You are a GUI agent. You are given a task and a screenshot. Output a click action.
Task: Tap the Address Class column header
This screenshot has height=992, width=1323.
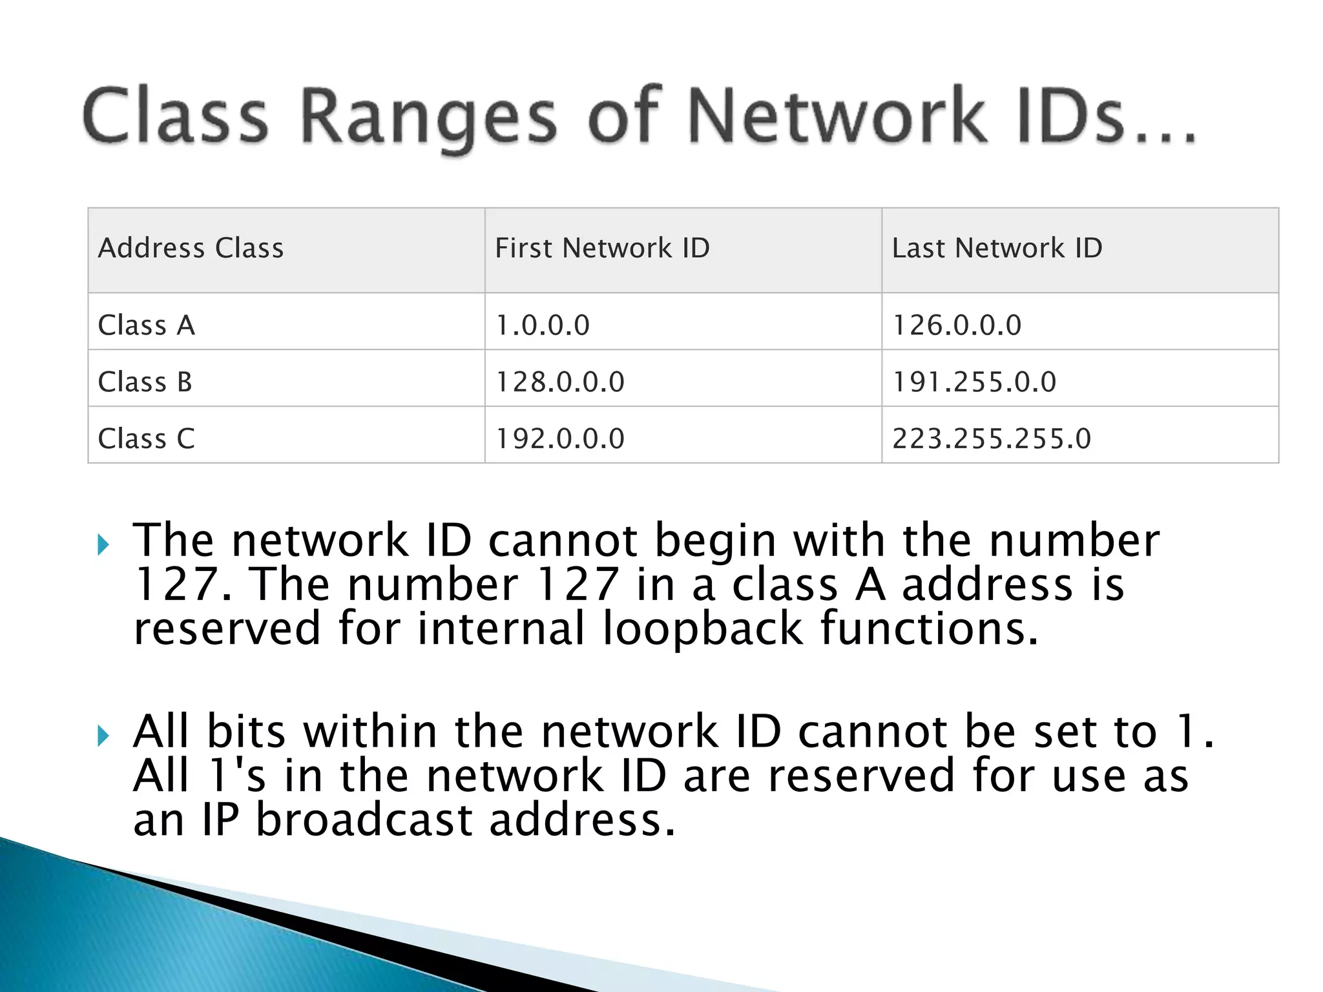(x=191, y=248)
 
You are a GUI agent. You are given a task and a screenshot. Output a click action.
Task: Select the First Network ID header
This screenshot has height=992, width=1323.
(x=602, y=248)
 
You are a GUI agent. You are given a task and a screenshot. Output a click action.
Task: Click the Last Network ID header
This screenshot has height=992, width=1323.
(x=997, y=248)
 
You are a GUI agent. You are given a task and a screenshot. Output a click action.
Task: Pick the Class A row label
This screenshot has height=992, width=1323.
(x=146, y=325)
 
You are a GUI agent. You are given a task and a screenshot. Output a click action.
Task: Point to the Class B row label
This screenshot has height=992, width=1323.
(x=145, y=382)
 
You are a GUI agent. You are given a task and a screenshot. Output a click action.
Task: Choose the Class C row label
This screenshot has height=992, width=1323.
(x=146, y=439)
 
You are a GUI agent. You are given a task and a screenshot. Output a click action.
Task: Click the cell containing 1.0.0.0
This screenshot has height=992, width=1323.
(x=543, y=325)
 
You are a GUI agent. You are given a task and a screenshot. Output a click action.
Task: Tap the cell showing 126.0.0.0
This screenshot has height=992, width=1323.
(x=957, y=325)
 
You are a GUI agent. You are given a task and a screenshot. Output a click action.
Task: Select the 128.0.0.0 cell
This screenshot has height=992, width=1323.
(x=560, y=382)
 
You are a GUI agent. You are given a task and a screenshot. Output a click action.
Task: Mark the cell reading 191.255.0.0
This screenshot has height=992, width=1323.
(x=974, y=382)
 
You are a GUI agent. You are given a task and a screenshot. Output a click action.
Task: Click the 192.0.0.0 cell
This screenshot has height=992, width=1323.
(x=560, y=439)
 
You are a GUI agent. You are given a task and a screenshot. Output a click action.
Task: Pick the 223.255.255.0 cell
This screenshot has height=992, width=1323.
(x=992, y=439)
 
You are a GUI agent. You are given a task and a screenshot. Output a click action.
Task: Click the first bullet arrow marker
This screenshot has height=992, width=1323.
(x=103, y=544)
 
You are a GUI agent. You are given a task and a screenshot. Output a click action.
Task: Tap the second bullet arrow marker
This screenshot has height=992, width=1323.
(x=103, y=735)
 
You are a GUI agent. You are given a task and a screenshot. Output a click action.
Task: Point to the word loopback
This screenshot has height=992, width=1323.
(x=703, y=629)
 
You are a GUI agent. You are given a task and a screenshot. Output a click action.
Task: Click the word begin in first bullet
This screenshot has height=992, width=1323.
(x=715, y=541)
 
